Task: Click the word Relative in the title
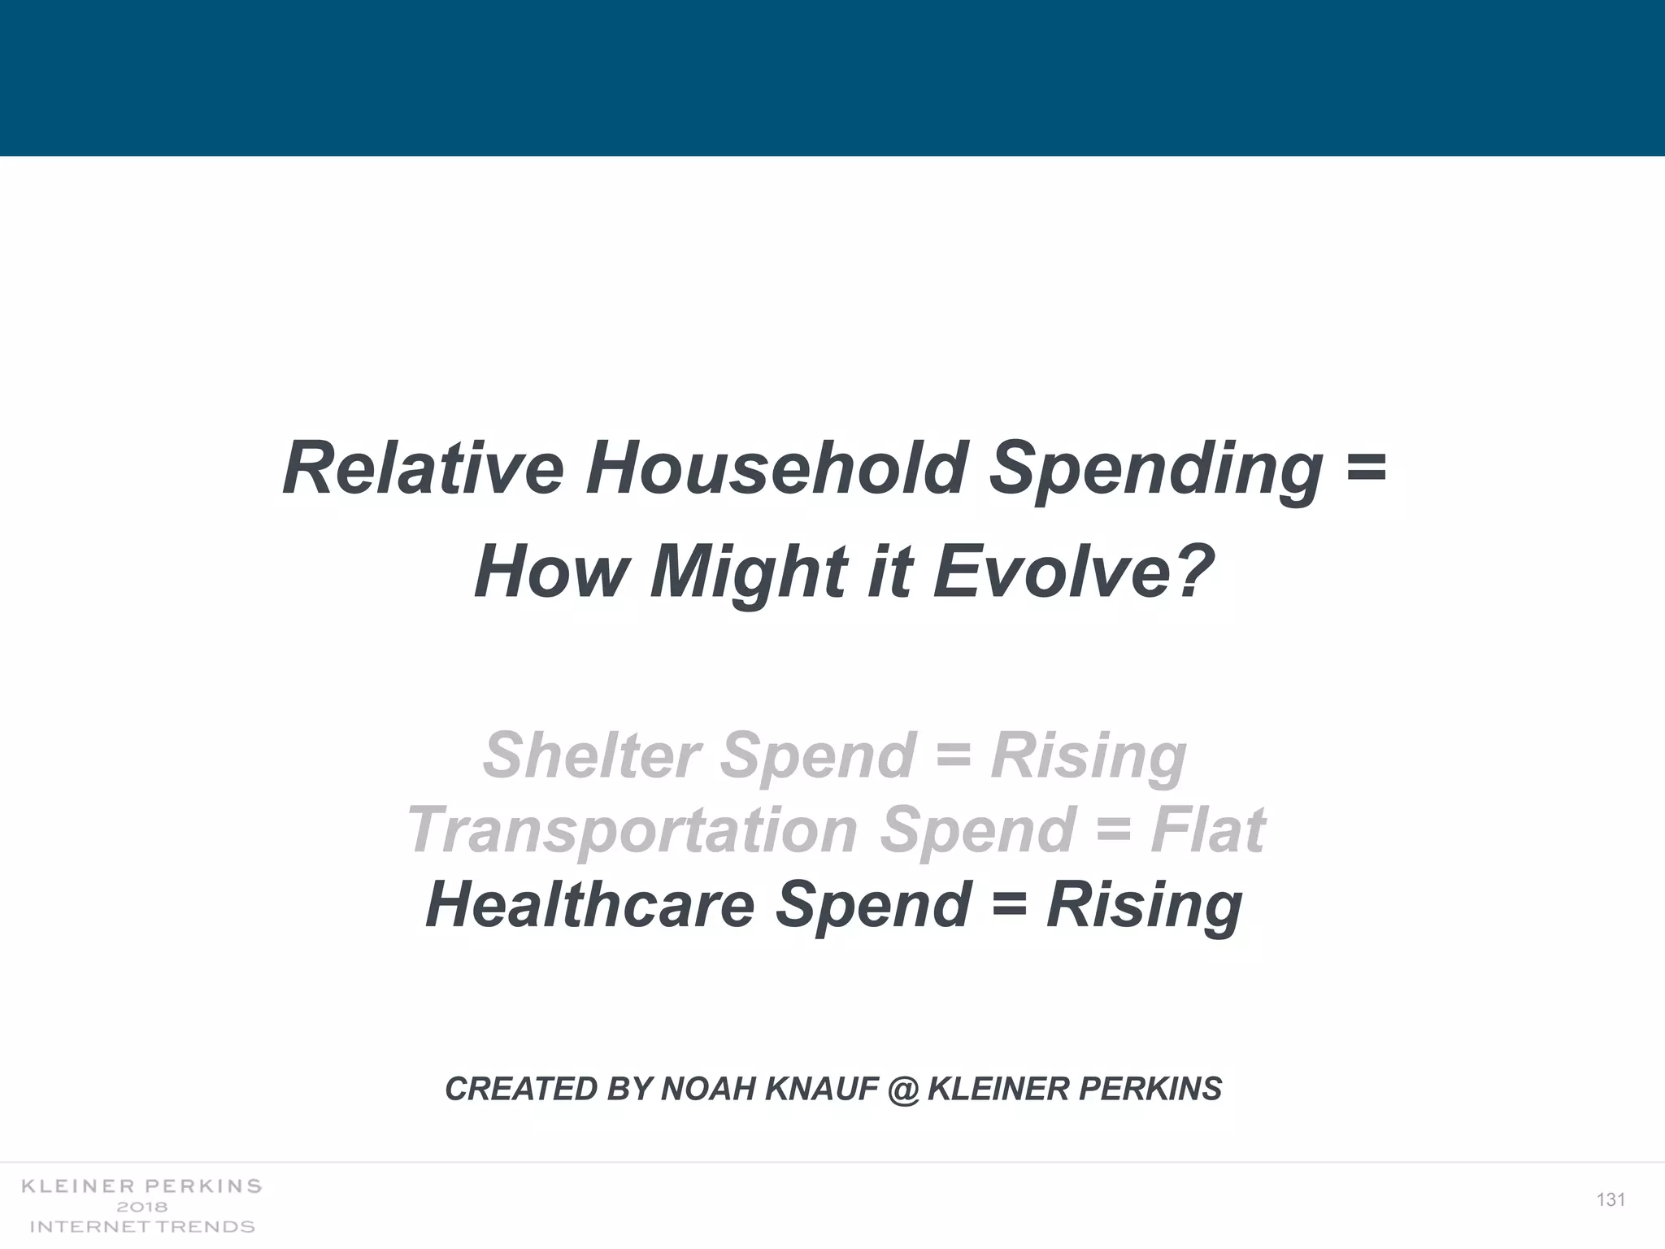[423, 469]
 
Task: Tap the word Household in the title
[776, 469]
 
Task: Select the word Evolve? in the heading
[1073, 572]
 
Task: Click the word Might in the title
[747, 572]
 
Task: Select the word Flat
[1207, 829]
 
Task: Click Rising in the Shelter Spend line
[1089, 755]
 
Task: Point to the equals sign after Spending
[1366, 469]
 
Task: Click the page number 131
[1611, 1200]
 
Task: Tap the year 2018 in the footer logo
[142, 1207]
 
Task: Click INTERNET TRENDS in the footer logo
[142, 1226]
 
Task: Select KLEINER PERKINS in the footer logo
[142, 1186]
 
